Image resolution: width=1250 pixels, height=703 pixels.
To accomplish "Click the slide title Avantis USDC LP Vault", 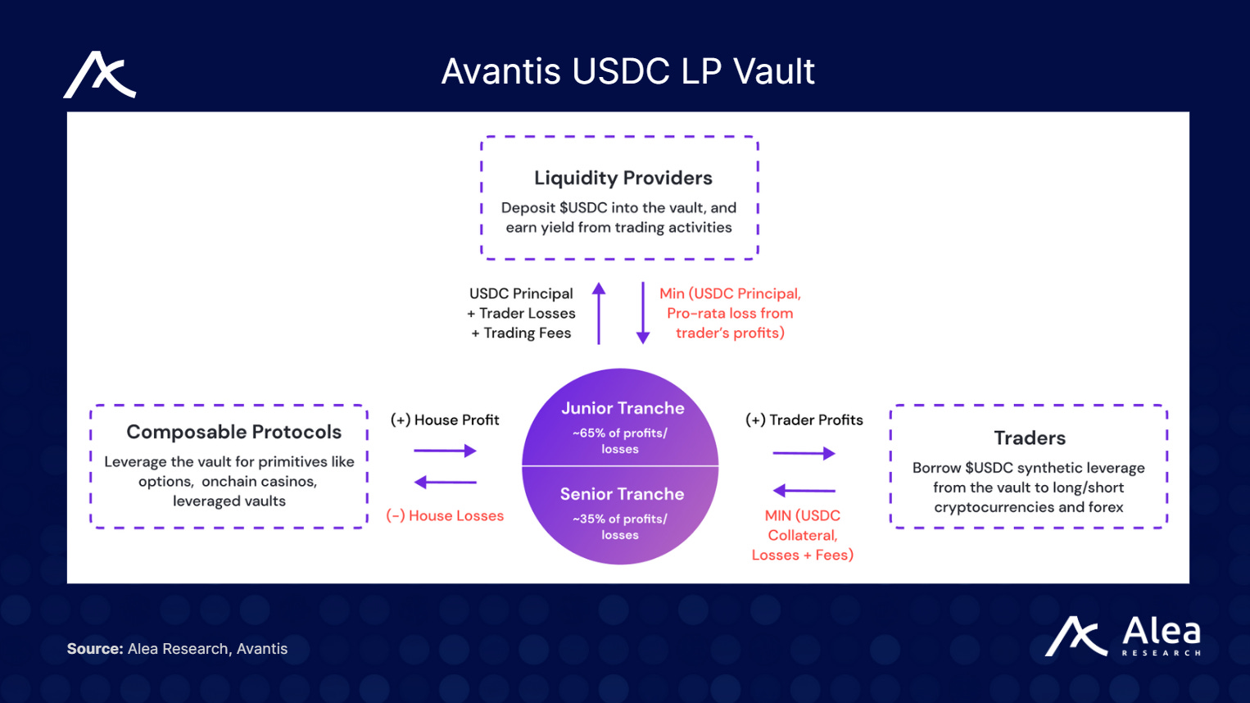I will coord(627,72).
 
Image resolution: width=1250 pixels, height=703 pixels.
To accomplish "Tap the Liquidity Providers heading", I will coord(623,178).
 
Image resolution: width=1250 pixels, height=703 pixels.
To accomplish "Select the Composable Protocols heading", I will coord(233,432).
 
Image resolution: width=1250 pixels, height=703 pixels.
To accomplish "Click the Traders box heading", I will coord(1029,438).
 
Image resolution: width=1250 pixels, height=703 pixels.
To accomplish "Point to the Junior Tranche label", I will coord(623,408).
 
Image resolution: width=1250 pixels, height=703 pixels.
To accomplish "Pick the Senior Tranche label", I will coord(622,494).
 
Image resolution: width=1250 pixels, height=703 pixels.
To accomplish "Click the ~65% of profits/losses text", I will coord(620,441).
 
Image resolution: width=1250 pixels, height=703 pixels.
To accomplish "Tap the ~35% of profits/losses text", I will coord(620,527).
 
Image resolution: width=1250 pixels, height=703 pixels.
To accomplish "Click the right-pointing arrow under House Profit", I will coord(445,451).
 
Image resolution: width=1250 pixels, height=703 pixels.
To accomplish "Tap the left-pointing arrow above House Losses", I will coord(445,483).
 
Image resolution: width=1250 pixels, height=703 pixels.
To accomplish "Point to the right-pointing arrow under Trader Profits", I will coord(804,453).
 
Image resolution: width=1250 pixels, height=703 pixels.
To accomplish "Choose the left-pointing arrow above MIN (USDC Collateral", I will coord(804,491).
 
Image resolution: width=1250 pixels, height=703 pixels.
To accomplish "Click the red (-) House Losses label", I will coord(445,516).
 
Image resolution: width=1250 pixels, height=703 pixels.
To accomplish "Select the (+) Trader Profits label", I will coord(804,420).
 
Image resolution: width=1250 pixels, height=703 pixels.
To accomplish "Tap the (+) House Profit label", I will coord(445,420).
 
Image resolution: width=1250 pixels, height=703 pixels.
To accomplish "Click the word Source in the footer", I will coord(94,649).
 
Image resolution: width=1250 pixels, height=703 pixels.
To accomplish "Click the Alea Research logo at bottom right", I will coord(1123,637).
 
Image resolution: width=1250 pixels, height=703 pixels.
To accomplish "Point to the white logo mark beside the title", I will coord(100,75).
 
